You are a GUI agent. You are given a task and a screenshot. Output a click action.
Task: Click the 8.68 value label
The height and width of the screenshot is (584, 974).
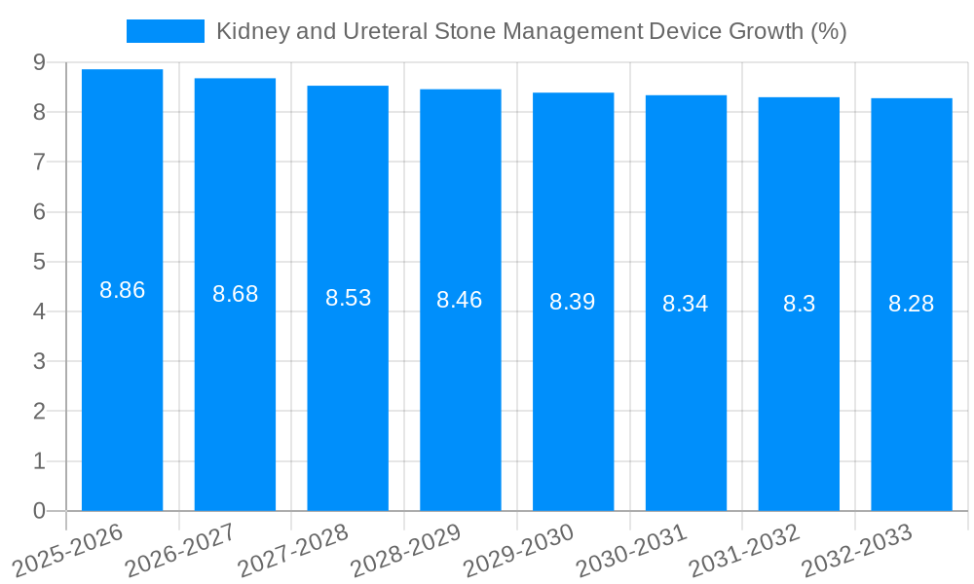pyautogui.click(x=236, y=294)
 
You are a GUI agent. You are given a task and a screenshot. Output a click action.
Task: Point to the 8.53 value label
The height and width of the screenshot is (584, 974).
pyautogui.click(x=349, y=298)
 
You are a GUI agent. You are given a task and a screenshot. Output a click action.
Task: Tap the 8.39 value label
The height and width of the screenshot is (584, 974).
pyautogui.click(x=573, y=302)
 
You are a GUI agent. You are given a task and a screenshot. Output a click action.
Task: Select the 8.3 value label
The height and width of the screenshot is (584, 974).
pyautogui.click(x=799, y=304)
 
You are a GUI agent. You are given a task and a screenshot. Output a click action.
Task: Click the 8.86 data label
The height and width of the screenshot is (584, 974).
pyautogui.click(x=123, y=290)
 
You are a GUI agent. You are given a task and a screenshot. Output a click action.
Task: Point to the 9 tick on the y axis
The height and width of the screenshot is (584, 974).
pyautogui.click(x=39, y=62)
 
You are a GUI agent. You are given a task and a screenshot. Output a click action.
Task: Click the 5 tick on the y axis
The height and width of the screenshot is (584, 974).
pyautogui.click(x=39, y=262)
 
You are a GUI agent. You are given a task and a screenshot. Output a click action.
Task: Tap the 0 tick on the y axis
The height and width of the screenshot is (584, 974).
pyautogui.click(x=39, y=511)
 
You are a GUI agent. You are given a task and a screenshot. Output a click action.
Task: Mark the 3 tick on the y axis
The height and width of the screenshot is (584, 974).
pyautogui.click(x=39, y=362)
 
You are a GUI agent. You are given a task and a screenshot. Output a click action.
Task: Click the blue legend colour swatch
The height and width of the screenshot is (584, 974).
pyautogui.click(x=166, y=31)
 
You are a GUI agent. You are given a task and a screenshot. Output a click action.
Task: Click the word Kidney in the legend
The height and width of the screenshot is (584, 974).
pyautogui.click(x=248, y=31)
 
